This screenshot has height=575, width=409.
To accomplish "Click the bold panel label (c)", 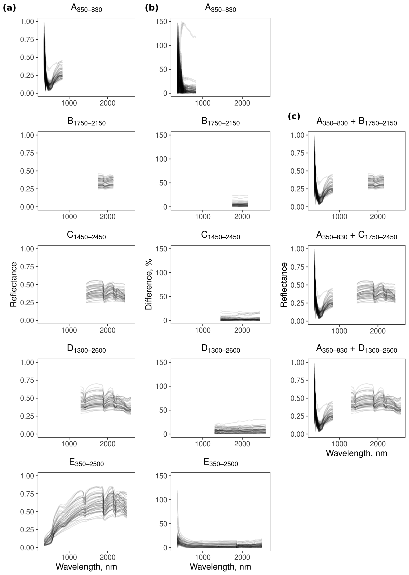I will [294, 116].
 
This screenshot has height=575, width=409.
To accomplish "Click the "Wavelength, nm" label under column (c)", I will [356, 453].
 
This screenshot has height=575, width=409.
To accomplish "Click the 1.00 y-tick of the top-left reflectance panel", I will [27, 21].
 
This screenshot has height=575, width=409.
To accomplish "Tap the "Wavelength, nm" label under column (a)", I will [86, 567].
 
